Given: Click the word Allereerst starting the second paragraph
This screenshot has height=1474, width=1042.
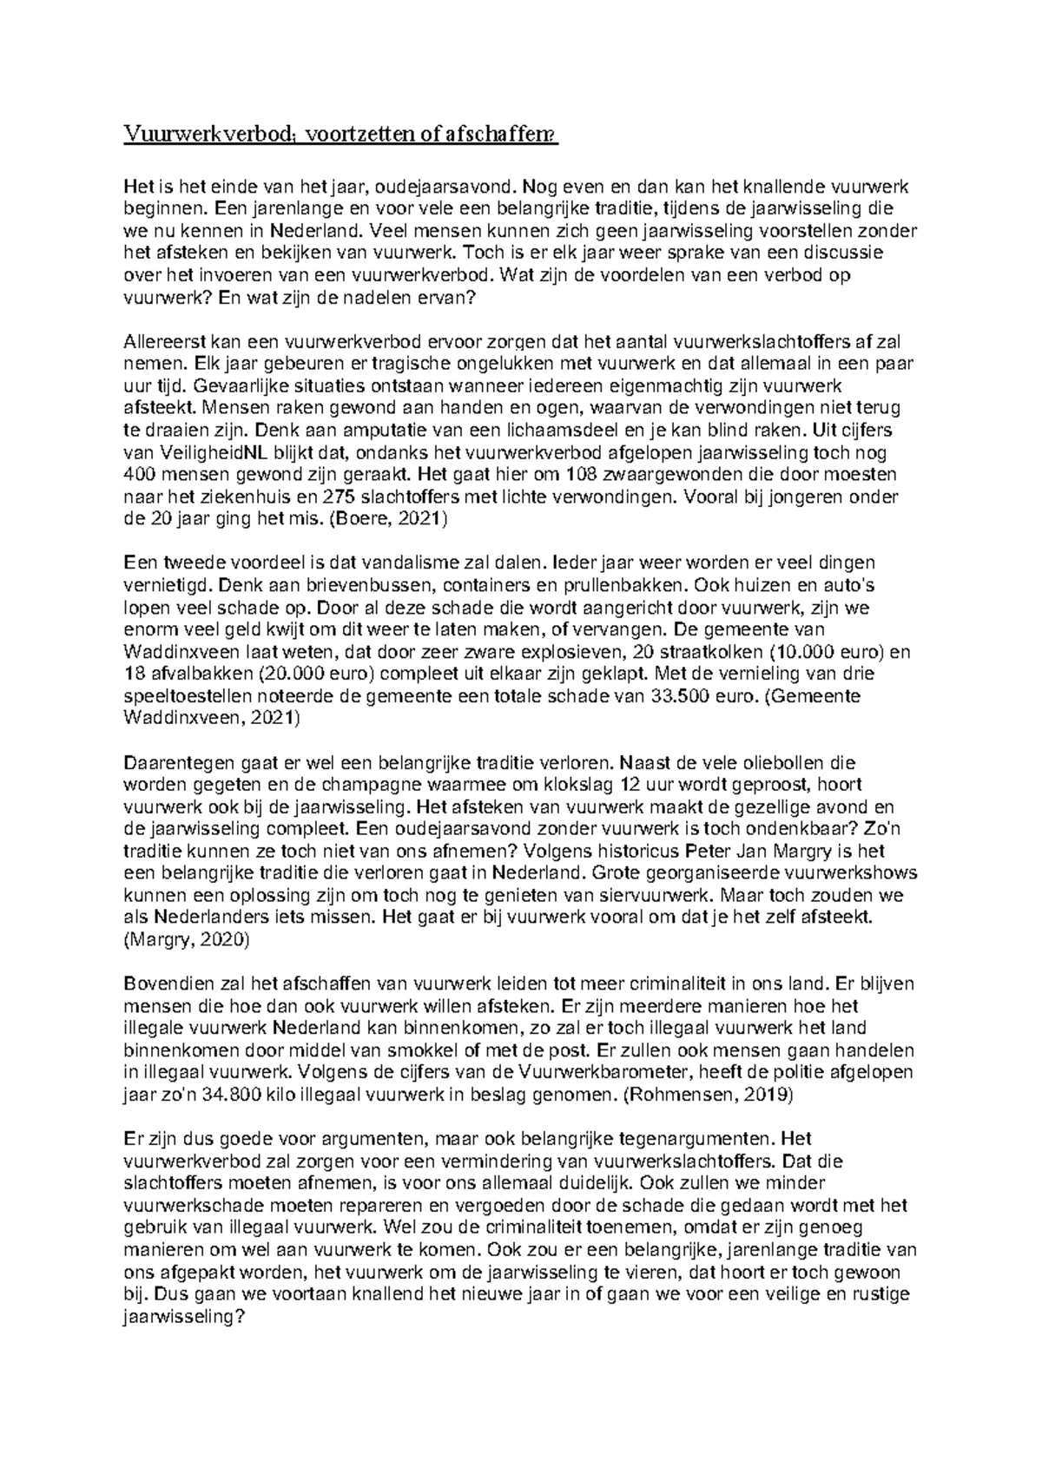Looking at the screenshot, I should click(x=162, y=342).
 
